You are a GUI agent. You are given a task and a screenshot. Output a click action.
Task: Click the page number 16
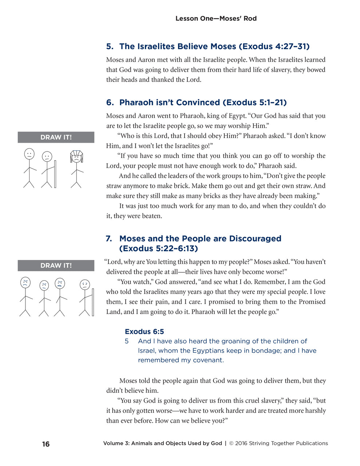(46, 444)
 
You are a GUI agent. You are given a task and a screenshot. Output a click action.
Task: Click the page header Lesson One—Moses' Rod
(216, 18)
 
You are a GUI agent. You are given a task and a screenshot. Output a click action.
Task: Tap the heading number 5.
(110, 47)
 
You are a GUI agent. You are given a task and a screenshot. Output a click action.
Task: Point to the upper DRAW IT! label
(56, 137)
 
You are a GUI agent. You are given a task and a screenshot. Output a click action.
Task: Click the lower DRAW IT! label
(56, 265)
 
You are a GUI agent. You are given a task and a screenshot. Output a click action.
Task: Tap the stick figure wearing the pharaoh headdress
(76, 168)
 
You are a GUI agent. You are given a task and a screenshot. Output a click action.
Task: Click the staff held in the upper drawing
(55, 174)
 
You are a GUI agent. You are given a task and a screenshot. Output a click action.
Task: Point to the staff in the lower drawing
(93, 302)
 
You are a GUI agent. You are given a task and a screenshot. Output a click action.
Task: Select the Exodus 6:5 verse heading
(144, 332)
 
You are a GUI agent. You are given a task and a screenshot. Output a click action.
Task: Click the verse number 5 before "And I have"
(127, 341)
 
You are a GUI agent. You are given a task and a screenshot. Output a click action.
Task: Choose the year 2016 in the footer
(241, 443)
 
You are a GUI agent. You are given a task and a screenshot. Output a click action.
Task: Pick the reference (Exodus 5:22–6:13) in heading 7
(159, 249)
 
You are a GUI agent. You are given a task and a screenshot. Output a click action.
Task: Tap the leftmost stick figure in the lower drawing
(25, 297)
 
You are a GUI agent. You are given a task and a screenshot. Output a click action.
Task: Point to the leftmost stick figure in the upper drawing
(29, 167)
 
